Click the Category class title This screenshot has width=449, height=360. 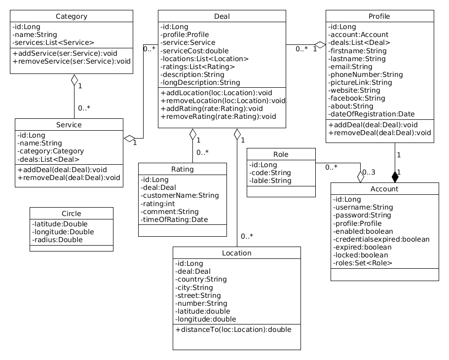pos(72,16)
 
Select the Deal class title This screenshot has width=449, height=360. pos(222,16)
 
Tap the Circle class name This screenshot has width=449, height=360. pos(72,214)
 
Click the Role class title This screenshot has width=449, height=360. pos(281,154)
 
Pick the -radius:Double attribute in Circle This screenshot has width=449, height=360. pos(57,240)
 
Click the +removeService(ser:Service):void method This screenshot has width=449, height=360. pos(72,62)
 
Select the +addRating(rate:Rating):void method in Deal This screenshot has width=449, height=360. pos(212,108)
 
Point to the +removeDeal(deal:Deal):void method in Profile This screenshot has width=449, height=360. pos(379,133)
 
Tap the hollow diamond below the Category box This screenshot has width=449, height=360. pos(74,79)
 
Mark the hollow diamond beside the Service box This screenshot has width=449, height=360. pos(129,138)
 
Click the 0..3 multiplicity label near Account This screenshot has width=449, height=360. pos(369,173)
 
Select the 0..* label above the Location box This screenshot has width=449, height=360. pos(247,236)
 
